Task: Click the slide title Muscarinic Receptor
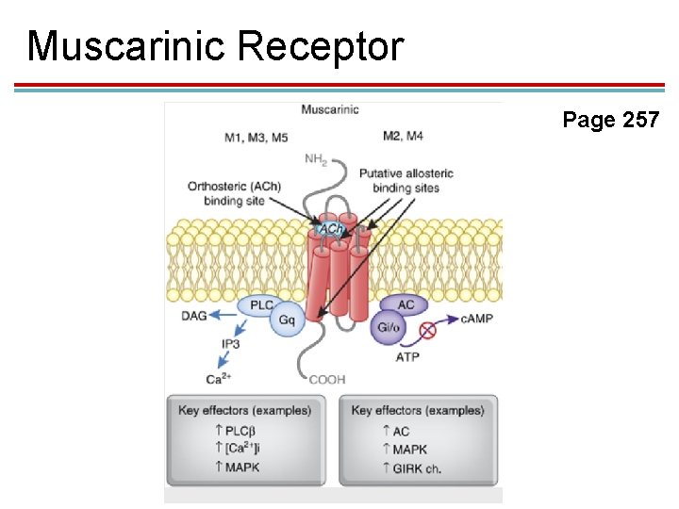tap(215, 46)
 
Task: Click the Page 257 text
tap(610, 120)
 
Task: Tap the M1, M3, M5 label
tap(256, 137)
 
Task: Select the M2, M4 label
tap(403, 136)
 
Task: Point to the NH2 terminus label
tap(316, 158)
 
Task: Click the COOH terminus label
tap(327, 379)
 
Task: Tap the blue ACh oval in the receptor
tap(331, 229)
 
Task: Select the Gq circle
tap(287, 320)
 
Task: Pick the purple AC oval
tap(406, 305)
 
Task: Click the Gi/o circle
tap(389, 327)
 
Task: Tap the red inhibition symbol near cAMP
tap(428, 329)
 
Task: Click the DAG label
tap(193, 316)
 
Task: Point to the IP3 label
tap(231, 344)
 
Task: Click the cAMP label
tap(476, 318)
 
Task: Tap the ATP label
tap(407, 357)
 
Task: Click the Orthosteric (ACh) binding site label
tap(234, 193)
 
